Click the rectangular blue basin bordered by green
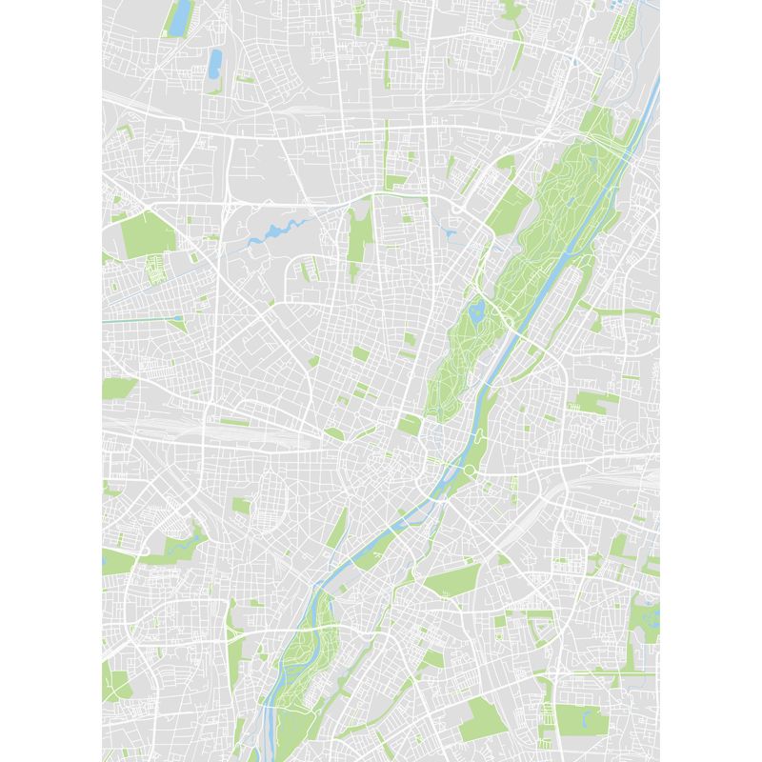click(x=178, y=17)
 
